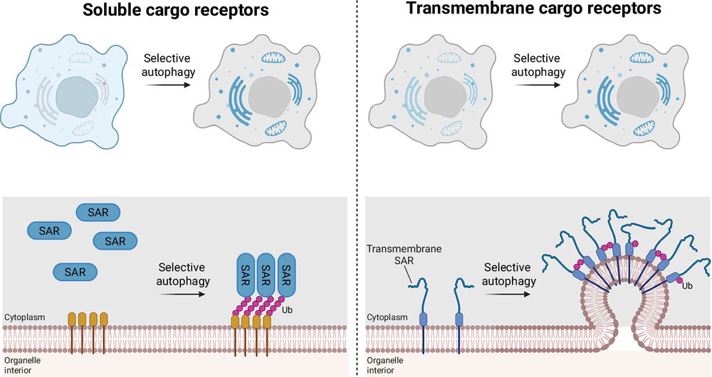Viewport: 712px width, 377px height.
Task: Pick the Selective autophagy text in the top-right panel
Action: click(x=536, y=65)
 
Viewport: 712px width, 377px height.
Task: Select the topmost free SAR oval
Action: click(x=98, y=212)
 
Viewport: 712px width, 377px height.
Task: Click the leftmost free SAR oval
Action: click(x=49, y=230)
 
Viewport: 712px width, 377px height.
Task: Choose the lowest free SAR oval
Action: click(x=75, y=272)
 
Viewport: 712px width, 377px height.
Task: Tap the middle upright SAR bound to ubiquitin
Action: click(x=266, y=272)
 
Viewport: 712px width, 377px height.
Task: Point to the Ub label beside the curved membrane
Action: click(x=686, y=286)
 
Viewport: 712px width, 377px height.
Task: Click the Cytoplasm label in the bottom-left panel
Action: click(x=23, y=317)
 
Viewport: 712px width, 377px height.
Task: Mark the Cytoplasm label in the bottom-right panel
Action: click(x=387, y=317)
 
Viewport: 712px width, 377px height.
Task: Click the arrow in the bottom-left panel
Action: click(x=181, y=292)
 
